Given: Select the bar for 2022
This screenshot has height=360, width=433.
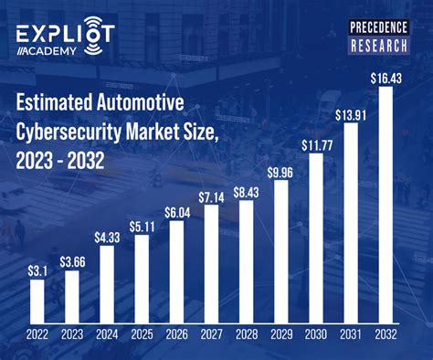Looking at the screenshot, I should tap(37, 301).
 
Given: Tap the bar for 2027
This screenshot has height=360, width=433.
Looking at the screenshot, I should tap(211, 264).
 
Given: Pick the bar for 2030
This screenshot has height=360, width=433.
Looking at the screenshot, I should tap(316, 238).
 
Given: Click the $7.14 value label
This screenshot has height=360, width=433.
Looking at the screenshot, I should tap(211, 196).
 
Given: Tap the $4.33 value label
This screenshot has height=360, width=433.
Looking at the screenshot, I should tap(107, 237).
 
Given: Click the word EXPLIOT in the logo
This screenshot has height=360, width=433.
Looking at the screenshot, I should tap(64, 33).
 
